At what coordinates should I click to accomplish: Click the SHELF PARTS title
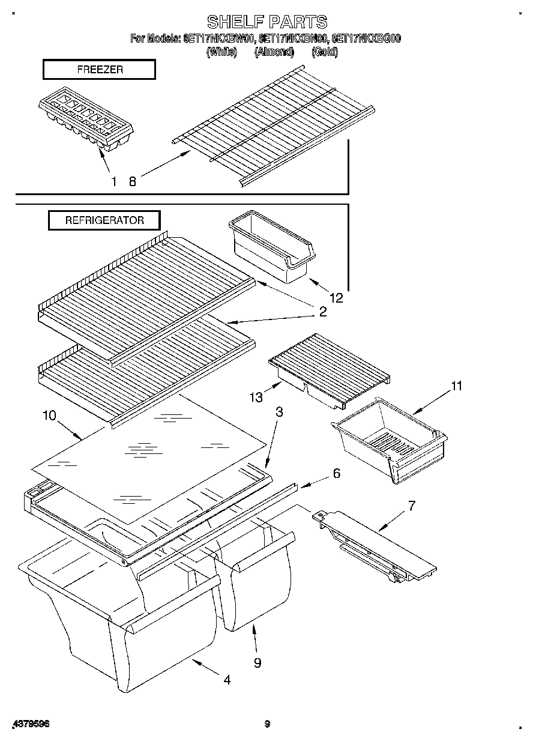pos(267,22)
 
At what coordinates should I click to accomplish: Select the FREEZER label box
pos(100,70)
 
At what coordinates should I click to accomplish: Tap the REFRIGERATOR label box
pos(104,220)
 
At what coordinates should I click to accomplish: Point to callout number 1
pos(113,181)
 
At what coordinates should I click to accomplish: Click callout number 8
pos(132,181)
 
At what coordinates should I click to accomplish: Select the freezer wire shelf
pos(274,128)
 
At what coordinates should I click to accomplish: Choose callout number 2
pos(323,312)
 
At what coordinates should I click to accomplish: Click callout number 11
pos(457,386)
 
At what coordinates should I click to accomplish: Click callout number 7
pos(412,505)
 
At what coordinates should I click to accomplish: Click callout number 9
pos(257,662)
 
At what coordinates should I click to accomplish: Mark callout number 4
pos(227,680)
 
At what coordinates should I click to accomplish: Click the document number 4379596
pos(31,724)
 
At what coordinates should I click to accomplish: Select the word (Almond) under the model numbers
pos(274,52)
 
